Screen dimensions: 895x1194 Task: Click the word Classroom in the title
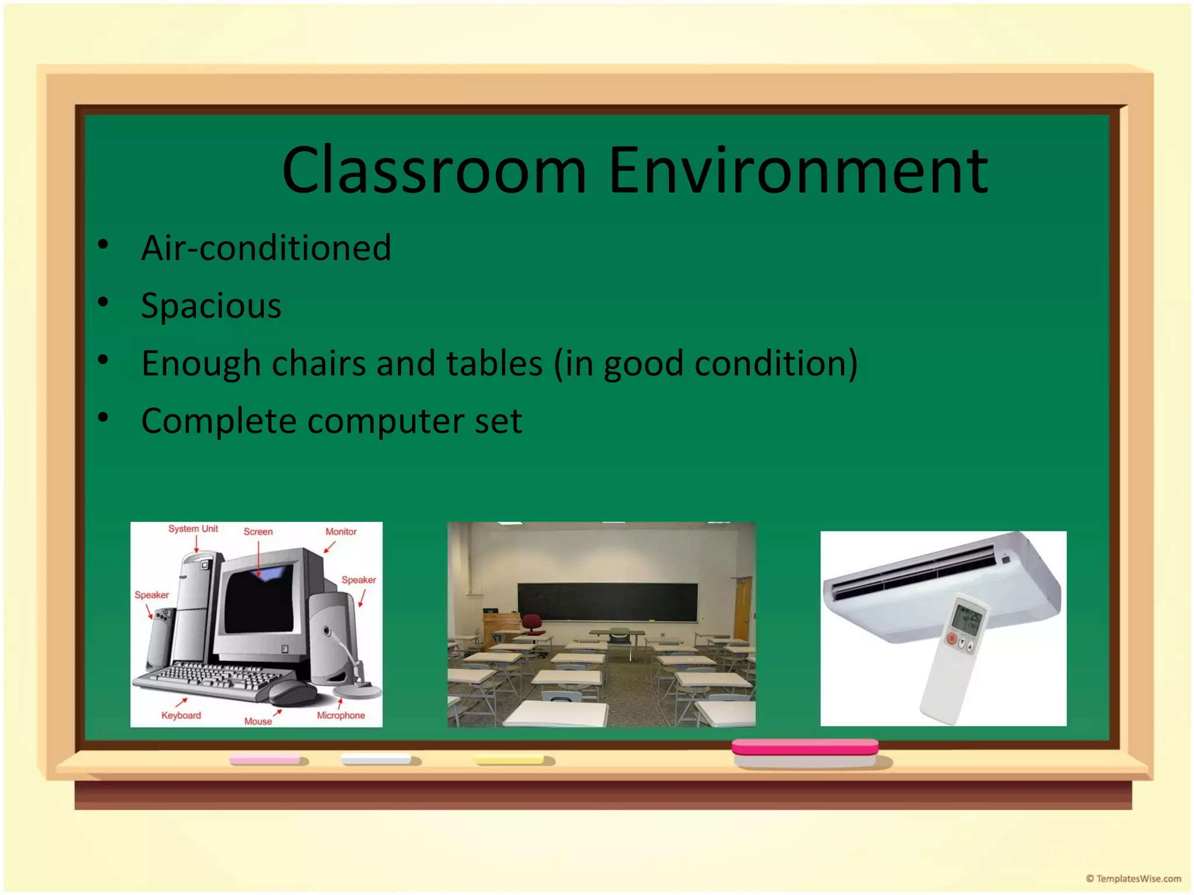coord(434,171)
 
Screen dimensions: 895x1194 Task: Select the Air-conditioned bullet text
coord(266,248)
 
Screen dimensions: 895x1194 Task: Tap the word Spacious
coord(211,306)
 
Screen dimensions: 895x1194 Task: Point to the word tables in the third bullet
coord(494,364)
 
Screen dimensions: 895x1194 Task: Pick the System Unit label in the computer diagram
coord(193,528)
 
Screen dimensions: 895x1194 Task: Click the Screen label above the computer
coord(258,531)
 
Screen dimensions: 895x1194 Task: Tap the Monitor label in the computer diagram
coord(340,531)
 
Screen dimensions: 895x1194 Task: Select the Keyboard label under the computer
coord(181,716)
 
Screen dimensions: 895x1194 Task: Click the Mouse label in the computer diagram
coord(258,721)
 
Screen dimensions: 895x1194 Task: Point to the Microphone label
coord(340,716)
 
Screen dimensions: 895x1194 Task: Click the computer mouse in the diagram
coord(292,692)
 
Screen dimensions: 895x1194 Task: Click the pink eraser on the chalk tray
coord(805,748)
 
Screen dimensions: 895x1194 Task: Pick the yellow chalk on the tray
coord(508,759)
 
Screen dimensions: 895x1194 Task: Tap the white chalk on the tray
coord(376,759)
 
